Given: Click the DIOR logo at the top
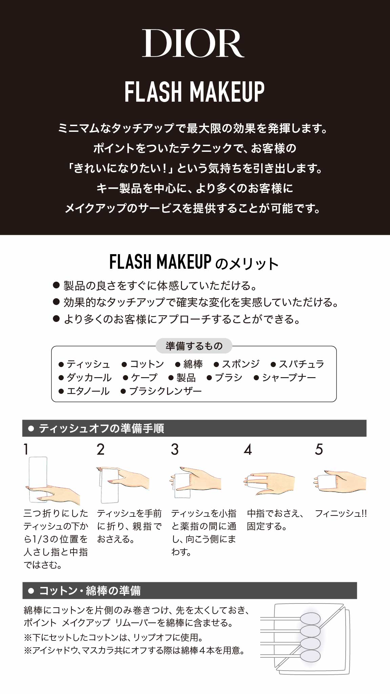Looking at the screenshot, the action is [x=193, y=43].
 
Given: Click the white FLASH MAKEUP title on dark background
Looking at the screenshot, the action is [x=194, y=92].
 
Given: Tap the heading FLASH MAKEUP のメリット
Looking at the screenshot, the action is [x=194, y=262].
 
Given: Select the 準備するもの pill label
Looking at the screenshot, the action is [x=194, y=346].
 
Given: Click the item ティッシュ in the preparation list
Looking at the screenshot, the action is [x=85, y=364].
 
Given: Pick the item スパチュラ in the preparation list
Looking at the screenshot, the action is [x=298, y=364].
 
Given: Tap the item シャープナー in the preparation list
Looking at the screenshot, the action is [x=285, y=377].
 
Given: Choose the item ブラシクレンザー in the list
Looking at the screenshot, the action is [x=162, y=391].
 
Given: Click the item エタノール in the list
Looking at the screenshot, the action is [x=84, y=391].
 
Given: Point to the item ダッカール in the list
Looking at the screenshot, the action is [x=85, y=377].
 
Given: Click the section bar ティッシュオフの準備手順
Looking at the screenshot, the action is [x=194, y=428].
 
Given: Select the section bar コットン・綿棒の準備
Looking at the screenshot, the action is [x=190, y=591].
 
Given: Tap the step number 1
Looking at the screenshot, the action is [x=26, y=449].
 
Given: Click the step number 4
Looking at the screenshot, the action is [x=248, y=449].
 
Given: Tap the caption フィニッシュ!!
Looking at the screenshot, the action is [x=341, y=514].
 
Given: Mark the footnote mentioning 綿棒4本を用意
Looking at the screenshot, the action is [x=134, y=650].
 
